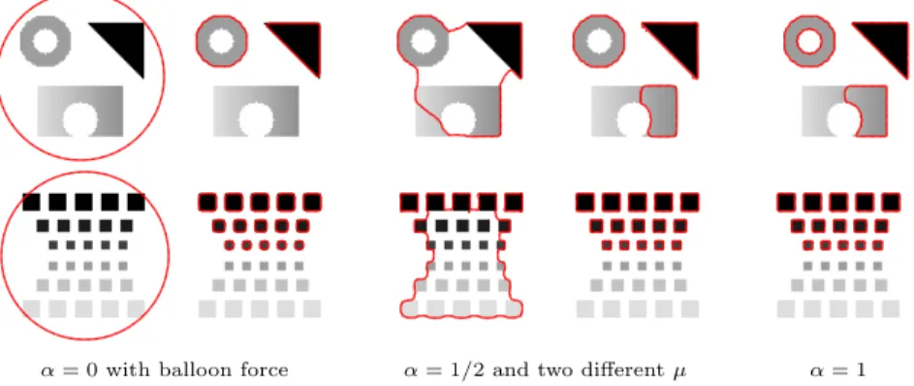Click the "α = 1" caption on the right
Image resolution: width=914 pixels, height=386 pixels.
tap(837, 370)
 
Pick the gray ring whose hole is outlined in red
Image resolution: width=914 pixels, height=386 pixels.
tap(792, 42)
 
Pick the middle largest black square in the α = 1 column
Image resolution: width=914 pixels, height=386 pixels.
tap(838, 202)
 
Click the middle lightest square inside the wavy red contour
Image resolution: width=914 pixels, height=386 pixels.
tap(461, 307)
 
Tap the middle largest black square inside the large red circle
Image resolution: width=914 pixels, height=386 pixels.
tap(83, 202)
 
